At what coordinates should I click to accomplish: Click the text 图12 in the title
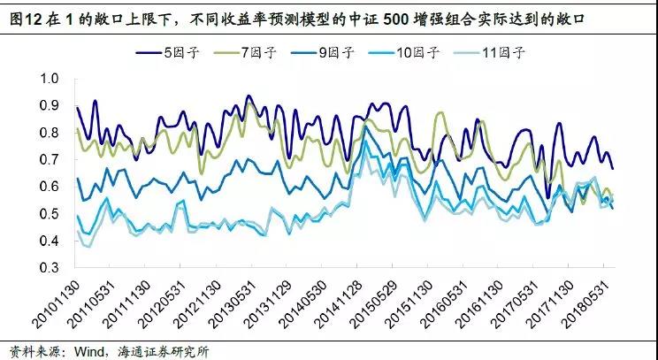tap(21, 17)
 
